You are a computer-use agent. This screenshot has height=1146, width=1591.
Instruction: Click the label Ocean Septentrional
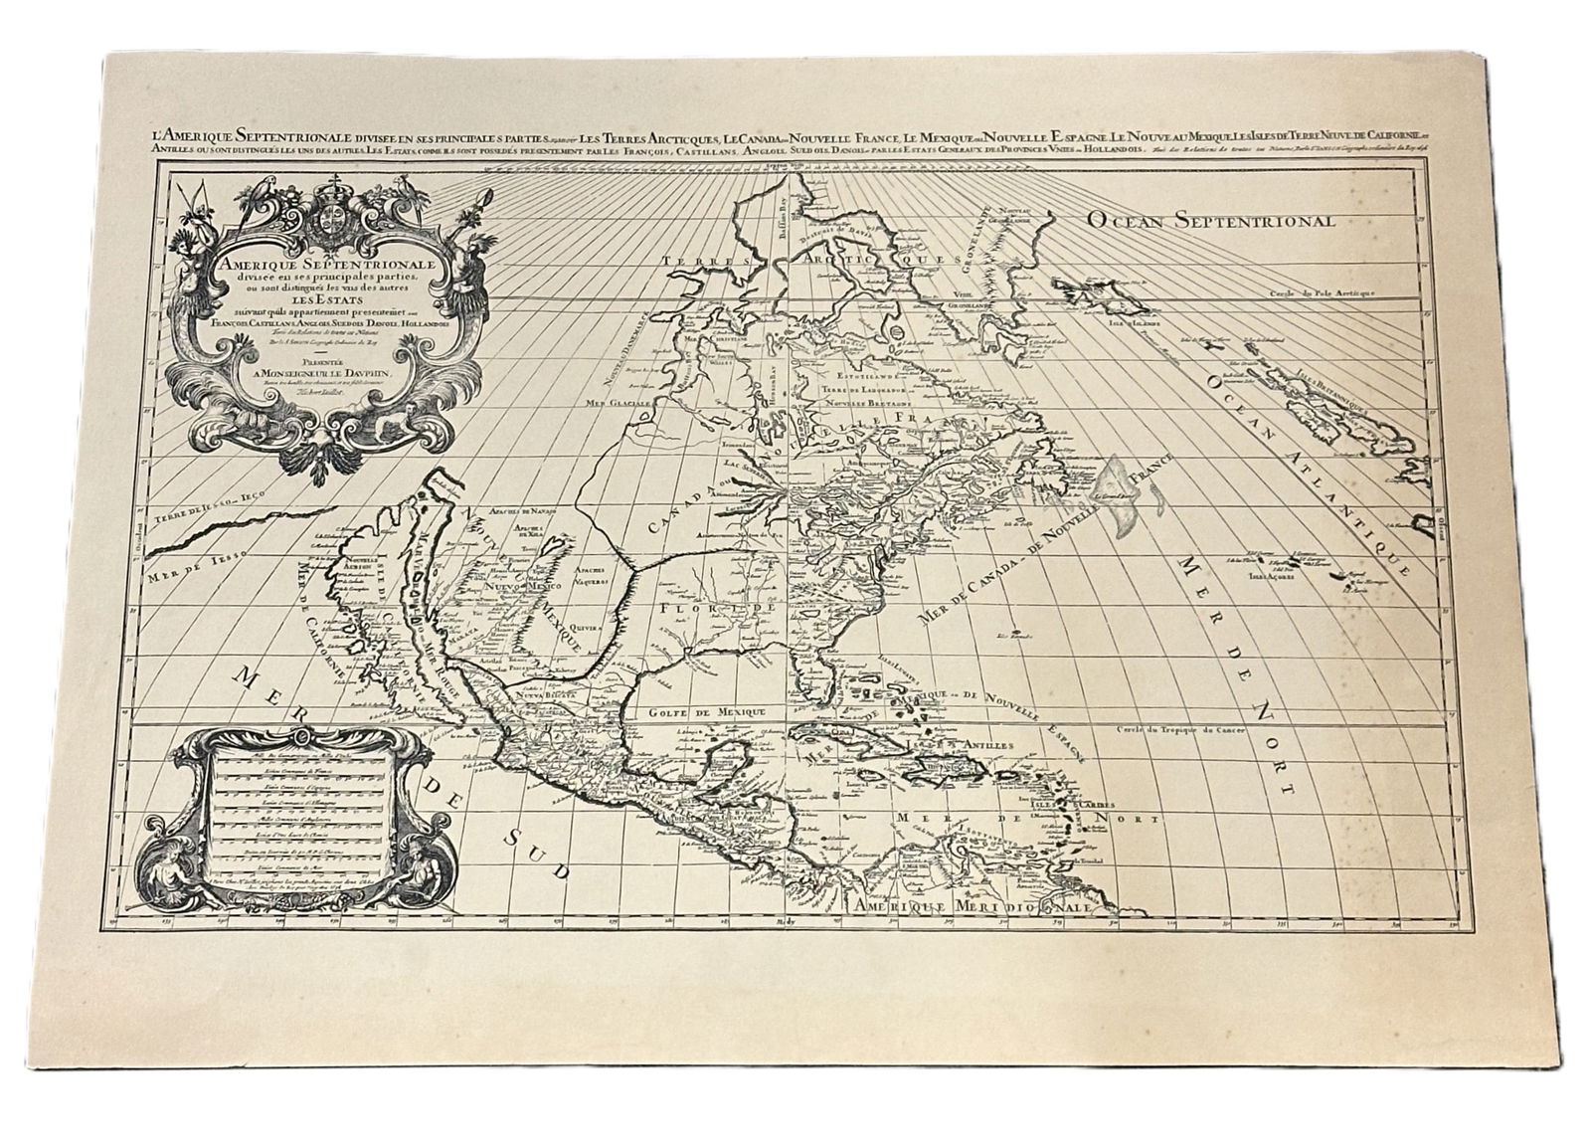1209,220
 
